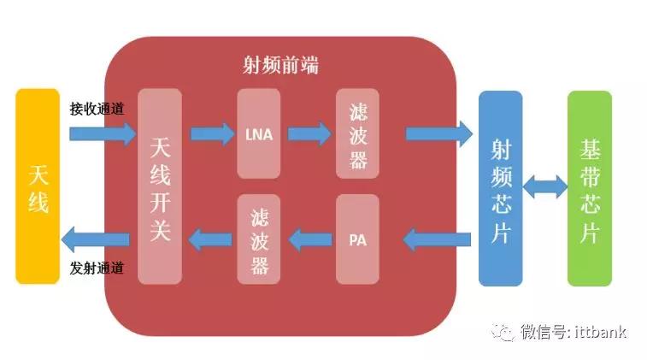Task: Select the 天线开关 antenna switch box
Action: click(x=160, y=186)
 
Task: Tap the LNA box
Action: click(x=258, y=133)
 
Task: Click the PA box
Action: click(x=357, y=239)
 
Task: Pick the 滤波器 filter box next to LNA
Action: click(x=357, y=133)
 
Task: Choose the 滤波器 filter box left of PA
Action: click(x=258, y=239)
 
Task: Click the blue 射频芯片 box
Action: click(x=500, y=188)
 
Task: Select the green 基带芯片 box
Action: click(x=590, y=188)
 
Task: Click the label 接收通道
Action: click(x=97, y=109)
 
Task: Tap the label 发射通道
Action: click(x=97, y=268)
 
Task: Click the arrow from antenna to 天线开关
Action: click(x=102, y=133)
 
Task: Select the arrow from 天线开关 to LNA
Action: click(x=211, y=133)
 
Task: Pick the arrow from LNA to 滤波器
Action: click(x=309, y=133)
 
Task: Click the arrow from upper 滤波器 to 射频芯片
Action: click(x=438, y=133)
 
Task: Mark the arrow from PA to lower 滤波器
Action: click(x=309, y=239)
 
